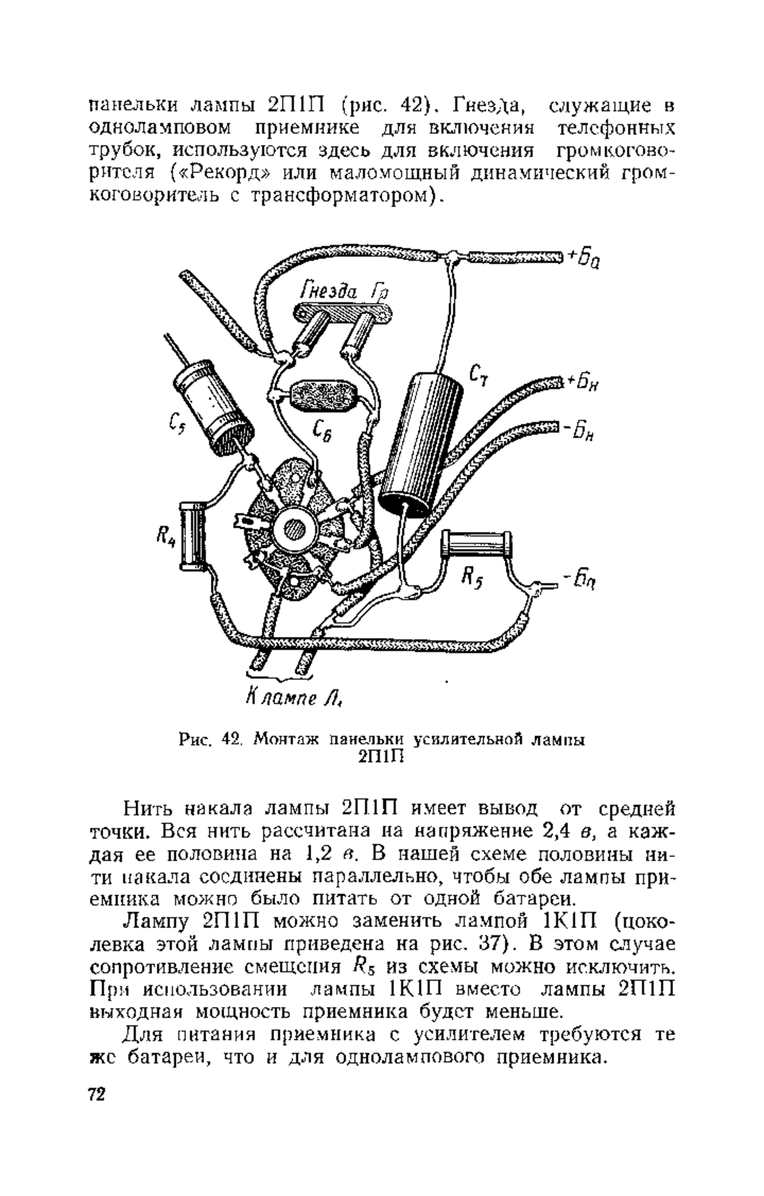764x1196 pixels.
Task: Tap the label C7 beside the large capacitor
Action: coord(478,375)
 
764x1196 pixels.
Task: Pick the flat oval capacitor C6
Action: coord(322,398)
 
